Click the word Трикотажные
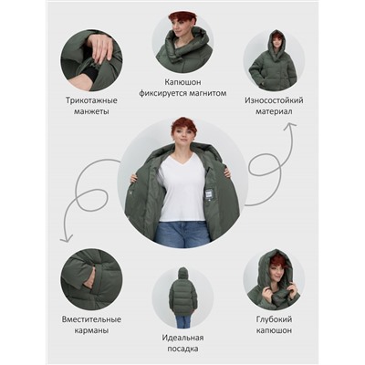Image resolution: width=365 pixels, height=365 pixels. tap(91, 100)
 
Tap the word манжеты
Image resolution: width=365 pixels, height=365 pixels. tap(91, 111)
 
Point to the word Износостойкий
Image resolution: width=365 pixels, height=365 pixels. tap(274, 100)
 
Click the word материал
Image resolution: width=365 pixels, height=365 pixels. tap(274, 111)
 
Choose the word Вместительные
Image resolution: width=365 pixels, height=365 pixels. tap(91, 319)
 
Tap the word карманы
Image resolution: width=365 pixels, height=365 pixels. tap(91, 330)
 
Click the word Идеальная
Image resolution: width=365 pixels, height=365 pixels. tap(182, 338)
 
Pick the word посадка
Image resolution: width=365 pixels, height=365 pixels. tap(182, 349)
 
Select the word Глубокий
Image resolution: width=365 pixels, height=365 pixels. tap(274, 319)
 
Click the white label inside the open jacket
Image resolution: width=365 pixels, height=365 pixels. tap(208, 194)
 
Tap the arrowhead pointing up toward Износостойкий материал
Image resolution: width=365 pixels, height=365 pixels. tap(289, 125)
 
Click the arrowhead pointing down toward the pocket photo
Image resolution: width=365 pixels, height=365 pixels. tap(66, 238)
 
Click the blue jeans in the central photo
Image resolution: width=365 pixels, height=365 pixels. tap(182, 233)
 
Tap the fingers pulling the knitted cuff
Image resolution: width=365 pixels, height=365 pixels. tap(99, 47)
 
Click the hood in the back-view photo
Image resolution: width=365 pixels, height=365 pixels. tap(182, 274)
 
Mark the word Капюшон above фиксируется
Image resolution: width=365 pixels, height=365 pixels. tap(182, 82)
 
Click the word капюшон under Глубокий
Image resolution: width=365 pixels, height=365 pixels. tap(274, 330)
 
